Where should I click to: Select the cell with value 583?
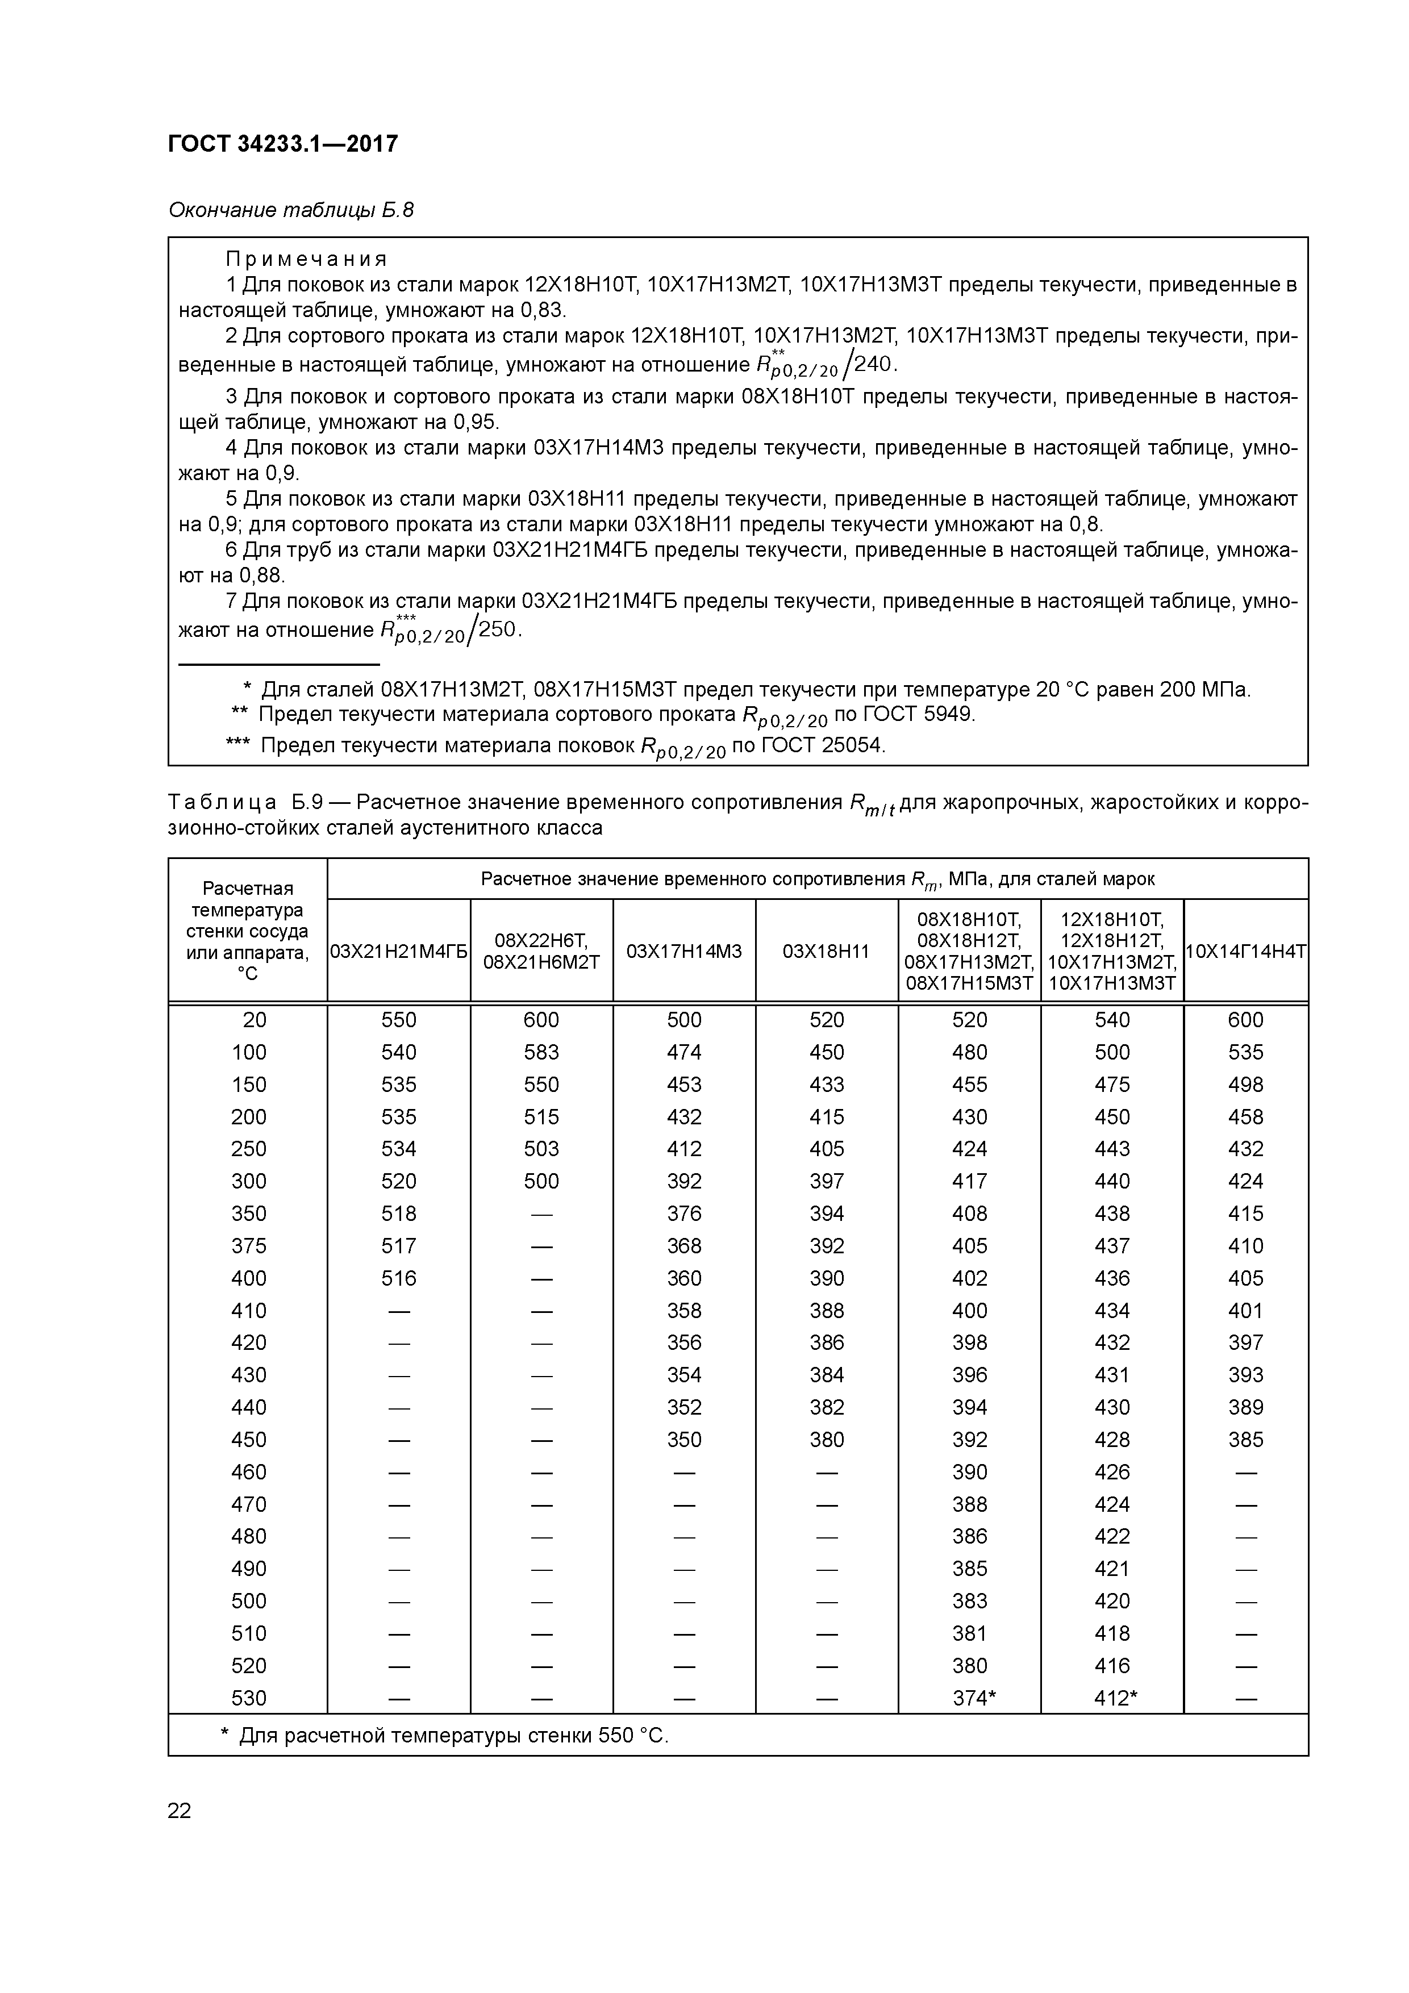[541, 1052]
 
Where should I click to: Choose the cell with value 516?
[398, 1278]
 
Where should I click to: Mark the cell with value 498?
[1245, 1084]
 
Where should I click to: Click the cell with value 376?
[683, 1214]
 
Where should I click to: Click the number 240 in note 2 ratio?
[873, 364]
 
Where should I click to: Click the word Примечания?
[306, 258]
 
